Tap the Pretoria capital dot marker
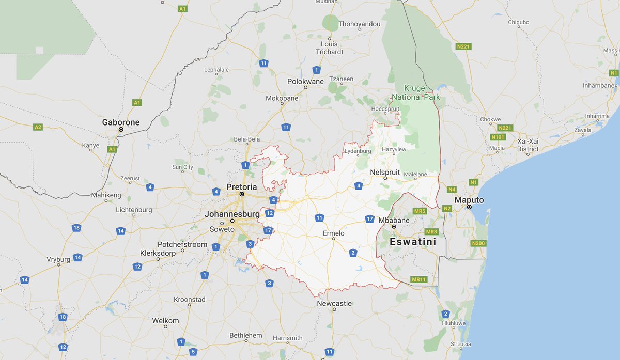point(241,194)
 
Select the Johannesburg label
point(232,214)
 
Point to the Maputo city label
point(469,200)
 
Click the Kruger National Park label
point(415,92)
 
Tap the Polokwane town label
point(305,81)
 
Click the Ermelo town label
point(333,233)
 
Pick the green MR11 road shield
point(419,279)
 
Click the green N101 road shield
point(498,137)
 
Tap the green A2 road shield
point(38,127)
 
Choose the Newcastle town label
point(334,303)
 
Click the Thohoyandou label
point(359,24)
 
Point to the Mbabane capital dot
point(394,227)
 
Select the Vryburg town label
point(58,259)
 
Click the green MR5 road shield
point(420,211)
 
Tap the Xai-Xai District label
point(528,145)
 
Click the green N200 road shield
point(478,243)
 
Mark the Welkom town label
point(165,320)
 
